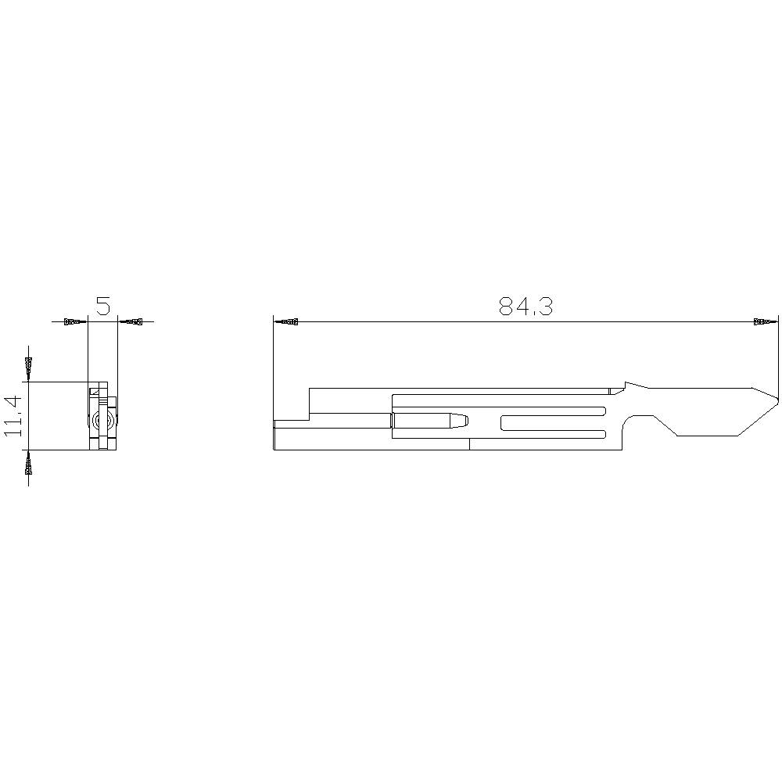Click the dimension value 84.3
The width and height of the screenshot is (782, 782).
(x=526, y=307)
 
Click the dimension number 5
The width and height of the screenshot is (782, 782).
(x=102, y=306)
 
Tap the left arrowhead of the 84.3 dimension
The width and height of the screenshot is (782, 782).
(x=288, y=321)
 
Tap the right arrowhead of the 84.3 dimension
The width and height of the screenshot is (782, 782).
(x=762, y=321)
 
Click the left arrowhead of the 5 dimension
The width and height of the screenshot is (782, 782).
(x=74, y=321)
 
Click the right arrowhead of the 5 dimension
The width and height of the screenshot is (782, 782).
(x=133, y=321)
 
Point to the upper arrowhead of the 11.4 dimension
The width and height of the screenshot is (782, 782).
(x=29, y=366)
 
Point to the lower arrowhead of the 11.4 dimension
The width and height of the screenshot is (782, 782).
(x=29, y=465)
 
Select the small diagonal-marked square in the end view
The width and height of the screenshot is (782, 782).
(x=97, y=391)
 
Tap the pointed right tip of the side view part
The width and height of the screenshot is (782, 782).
(x=777, y=400)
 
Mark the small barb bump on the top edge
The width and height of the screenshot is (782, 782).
(x=630, y=385)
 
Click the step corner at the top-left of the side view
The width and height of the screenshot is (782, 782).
(x=310, y=388)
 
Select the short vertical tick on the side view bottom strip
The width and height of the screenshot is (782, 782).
(x=469, y=444)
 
